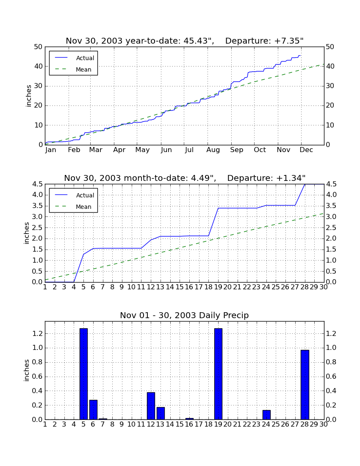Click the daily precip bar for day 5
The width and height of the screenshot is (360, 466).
pyautogui.click(x=83, y=374)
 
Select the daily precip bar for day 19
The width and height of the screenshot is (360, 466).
pyautogui.click(x=218, y=374)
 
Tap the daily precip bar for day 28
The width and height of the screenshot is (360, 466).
pyautogui.click(x=305, y=385)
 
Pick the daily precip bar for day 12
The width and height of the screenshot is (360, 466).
pyautogui.click(x=151, y=406)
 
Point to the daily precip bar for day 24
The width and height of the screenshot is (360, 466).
pyautogui.click(x=266, y=415)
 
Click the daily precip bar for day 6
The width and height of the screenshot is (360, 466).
pyautogui.click(x=93, y=410)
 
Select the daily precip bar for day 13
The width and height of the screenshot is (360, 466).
pyautogui.click(x=161, y=413)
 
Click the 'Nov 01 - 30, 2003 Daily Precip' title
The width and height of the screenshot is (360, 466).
pyautogui.click(x=185, y=315)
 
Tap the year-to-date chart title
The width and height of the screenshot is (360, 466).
pyautogui.click(x=185, y=41)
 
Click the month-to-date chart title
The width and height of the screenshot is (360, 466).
pyautogui.click(x=185, y=178)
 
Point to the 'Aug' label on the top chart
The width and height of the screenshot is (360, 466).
pyautogui.click(x=213, y=150)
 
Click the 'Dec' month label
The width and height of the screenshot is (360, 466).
pyautogui.click(x=306, y=150)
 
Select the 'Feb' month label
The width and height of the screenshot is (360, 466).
pyautogui.click(x=74, y=150)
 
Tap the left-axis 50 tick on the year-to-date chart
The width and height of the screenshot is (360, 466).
pyautogui.click(x=39, y=47)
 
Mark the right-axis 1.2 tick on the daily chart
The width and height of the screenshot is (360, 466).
pyautogui.click(x=331, y=334)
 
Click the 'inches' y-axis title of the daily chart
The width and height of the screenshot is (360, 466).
pyautogui.click(x=27, y=370)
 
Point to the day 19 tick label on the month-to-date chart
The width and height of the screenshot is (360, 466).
pyautogui.click(x=218, y=287)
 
